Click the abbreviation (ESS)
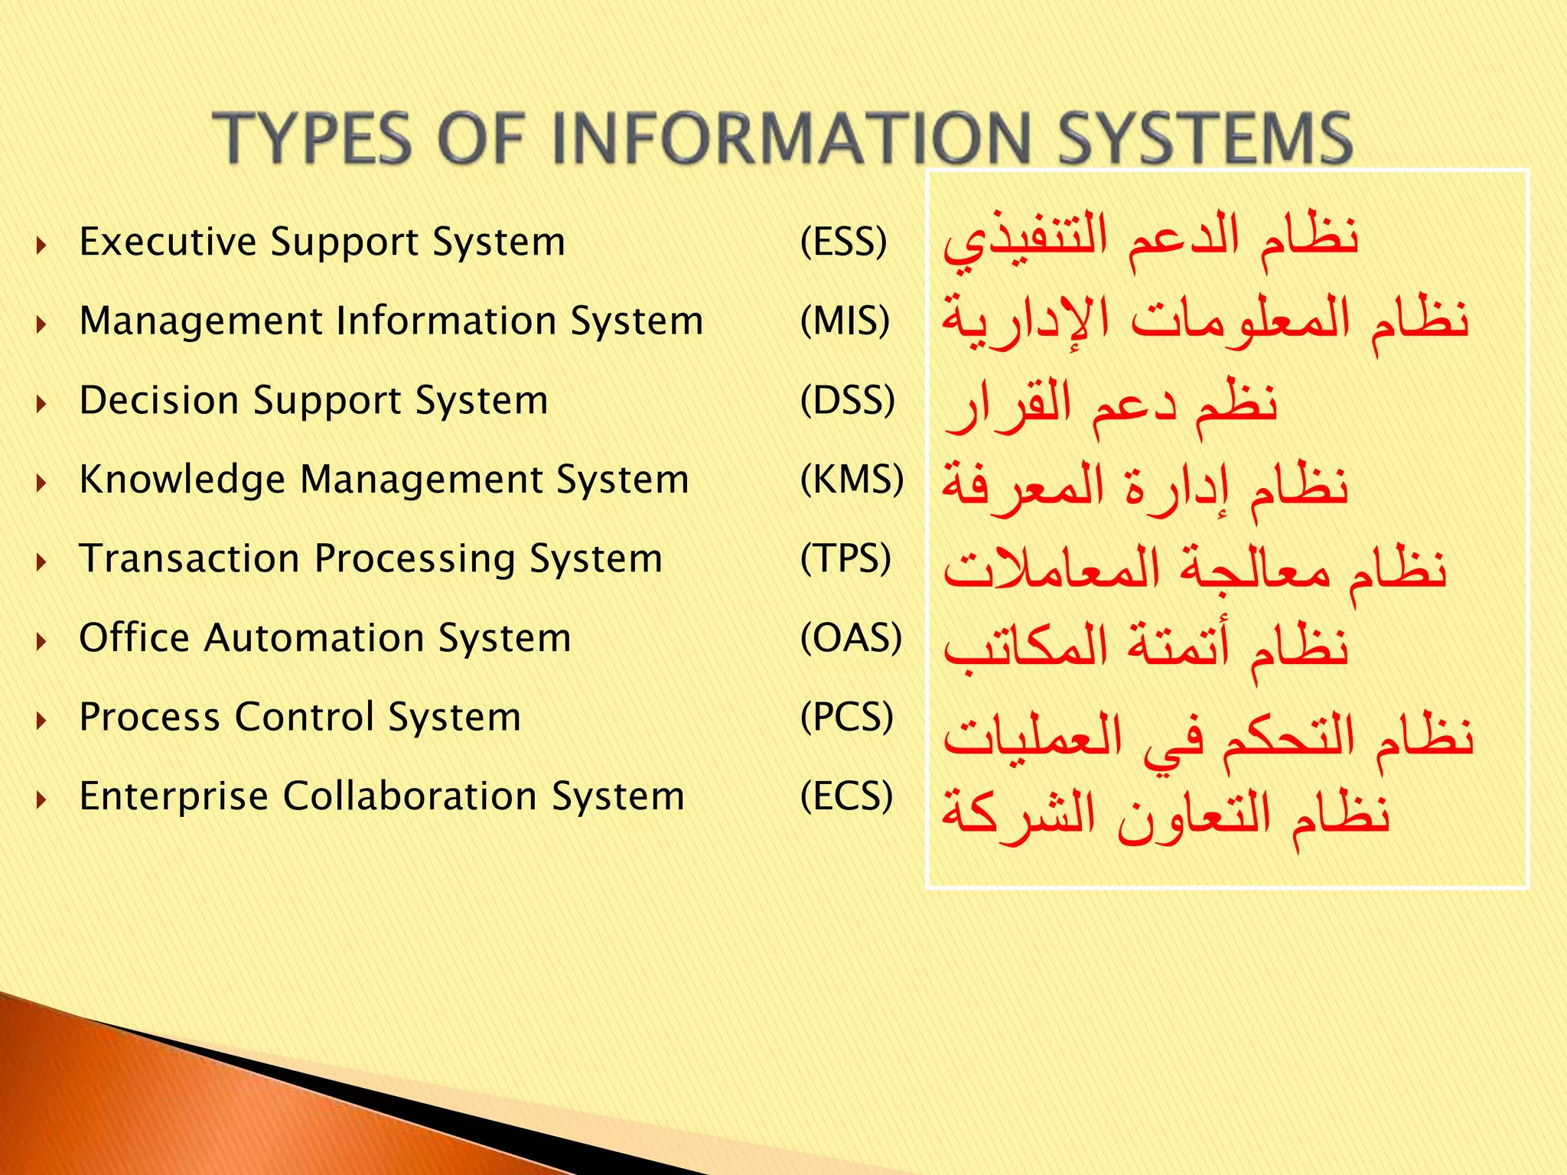point(843,242)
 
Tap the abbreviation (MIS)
point(845,321)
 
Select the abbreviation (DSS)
point(847,401)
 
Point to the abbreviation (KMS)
point(852,480)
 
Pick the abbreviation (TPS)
point(845,559)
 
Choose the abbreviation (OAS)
point(851,638)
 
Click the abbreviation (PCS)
point(846,718)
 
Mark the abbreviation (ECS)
point(846,796)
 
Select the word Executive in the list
point(168,242)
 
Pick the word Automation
point(314,638)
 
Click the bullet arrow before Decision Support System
point(42,403)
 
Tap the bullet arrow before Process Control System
point(42,720)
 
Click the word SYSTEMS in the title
point(1205,138)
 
